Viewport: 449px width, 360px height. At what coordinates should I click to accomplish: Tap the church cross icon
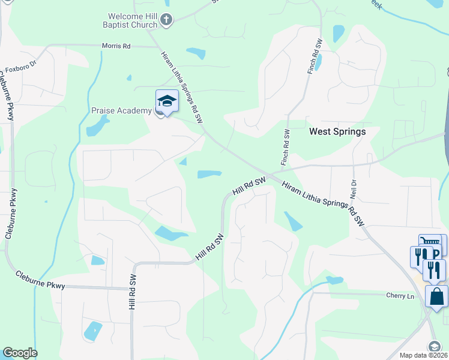pyautogui.click(x=167, y=21)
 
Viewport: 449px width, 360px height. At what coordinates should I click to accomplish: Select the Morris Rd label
pyautogui.click(x=116, y=46)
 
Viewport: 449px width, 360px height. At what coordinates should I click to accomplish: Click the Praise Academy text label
pyautogui.click(x=122, y=110)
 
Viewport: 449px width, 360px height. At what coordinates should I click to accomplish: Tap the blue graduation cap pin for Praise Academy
pyautogui.click(x=167, y=101)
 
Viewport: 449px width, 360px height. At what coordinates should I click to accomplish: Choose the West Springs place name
pyautogui.click(x=337, y=131)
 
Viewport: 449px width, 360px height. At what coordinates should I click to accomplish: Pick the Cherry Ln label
pyautogui.click(x=400, y=296)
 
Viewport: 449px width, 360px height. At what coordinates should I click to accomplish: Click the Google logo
pyautogui.click(x=20, y=353)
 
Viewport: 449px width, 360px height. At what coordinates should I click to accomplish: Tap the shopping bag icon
pyautogui.click(x=436, y=296)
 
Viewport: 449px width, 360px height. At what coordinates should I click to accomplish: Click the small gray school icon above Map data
pyautogui.click(x=434, y=346)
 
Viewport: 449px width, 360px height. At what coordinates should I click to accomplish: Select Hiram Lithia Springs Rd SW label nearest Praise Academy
pyautogui.click(x=181, y=87)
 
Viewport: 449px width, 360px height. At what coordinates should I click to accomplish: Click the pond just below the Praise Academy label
pyautogui.click(x=98, y=126)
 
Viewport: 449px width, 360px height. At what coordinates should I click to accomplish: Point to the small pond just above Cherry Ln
pyautogui.click(x=334, y=280)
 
